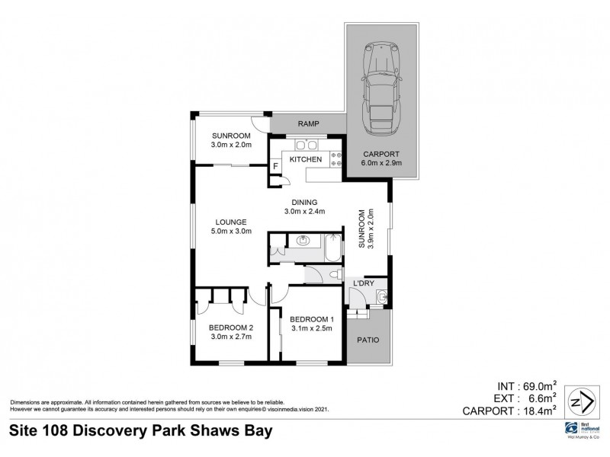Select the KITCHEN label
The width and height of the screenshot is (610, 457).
[305, 159]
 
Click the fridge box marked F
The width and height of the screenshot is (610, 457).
[274, 166]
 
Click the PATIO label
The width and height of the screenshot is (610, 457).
[368, 340]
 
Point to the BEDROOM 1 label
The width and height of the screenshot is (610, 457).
[311, 318]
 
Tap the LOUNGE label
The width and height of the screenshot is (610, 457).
[230, 222]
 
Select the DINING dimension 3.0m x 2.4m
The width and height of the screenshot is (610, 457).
[305, 212]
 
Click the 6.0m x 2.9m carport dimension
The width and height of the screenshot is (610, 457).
[380, 162]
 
